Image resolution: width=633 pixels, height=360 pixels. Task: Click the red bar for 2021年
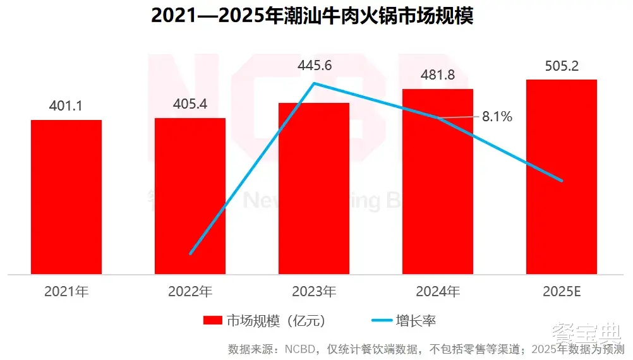pyautogui.click(x=66, y=197)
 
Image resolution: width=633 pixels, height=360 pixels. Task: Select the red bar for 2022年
pyautogui.click(x=190, y=196)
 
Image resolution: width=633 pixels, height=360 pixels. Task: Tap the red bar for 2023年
pyautogui.click(x=314, y=188)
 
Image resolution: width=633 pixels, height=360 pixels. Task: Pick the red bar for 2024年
pyautogui.click(x=438, y=181)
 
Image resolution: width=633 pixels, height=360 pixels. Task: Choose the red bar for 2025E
pyautogui.click(x=562, y=177)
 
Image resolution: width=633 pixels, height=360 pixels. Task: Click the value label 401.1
pyautogui.click(x=66, y=106)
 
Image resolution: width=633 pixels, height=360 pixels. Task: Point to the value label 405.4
pyautogui.click(x=190, y=104)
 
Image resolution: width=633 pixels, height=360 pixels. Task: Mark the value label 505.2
pyautogui.click(x=562, y=66)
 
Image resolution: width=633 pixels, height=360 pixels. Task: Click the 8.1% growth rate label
pyautogui.click(x=497, y=117)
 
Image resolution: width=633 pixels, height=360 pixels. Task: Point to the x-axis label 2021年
pyautogui.click(x=66, y=292)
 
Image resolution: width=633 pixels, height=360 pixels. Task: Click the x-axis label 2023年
pyautogui.click(x=314, y=292)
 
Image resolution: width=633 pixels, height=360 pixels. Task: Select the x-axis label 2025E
pyautogui.click(x=562, y=292)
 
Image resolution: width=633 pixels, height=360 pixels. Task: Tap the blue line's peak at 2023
pyautogui.click(x=315, y=83)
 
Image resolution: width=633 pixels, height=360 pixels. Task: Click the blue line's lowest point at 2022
pyautogui.click(x=190, y=254)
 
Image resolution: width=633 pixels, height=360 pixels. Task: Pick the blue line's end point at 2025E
pyautogui.click(x=562, y=181)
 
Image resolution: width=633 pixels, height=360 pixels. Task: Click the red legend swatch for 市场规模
pyautogui.click(x=212, y=321)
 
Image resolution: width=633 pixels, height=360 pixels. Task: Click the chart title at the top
pyautogui.click(x=313, y=16)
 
